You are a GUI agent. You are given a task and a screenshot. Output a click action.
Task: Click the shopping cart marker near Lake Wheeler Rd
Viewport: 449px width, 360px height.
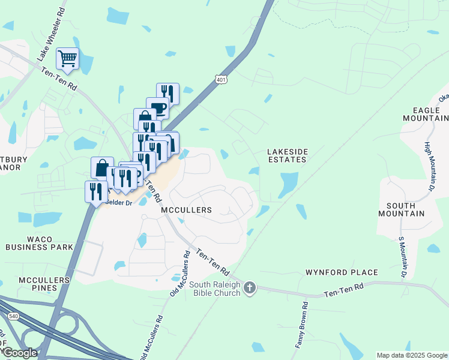pyautogui.click(x=67, y=59)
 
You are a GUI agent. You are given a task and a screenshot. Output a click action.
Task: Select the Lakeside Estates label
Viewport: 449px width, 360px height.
pyautogui.click(x=287, y=156)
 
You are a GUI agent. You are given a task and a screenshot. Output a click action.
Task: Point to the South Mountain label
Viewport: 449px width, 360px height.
pyautogui.click(x=402, y=209)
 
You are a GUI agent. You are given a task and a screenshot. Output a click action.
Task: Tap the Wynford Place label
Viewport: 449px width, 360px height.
pyautogui.click(x=342, y=272)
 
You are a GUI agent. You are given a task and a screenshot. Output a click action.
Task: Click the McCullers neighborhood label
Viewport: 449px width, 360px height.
pyautogui.click(x=187, y=211)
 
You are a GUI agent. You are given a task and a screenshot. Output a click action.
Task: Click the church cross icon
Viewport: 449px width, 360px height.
pyautogui.click(x=250, y=289)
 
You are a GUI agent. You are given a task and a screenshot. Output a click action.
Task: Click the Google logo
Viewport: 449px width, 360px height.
pyautogui.click(x=19, y=352)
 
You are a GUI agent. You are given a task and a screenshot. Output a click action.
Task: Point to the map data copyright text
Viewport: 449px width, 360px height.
pyautogui.click(x=411, y=355)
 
